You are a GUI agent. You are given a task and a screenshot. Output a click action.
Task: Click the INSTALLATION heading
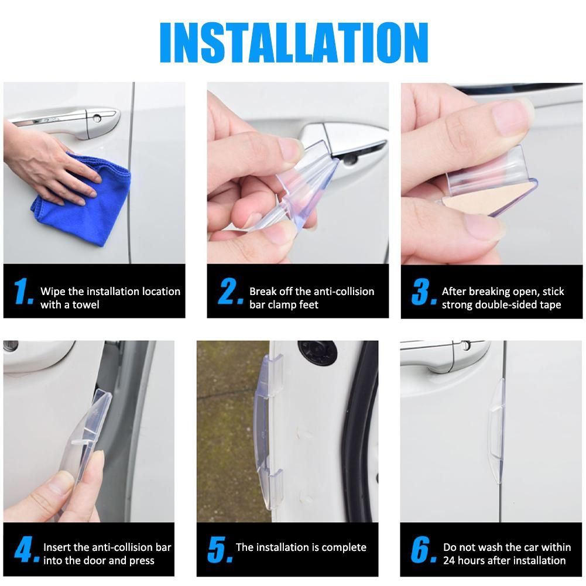(294, 42)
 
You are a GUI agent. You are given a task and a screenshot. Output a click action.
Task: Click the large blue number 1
(23, 291)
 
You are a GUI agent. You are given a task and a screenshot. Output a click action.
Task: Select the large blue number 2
(230, 291)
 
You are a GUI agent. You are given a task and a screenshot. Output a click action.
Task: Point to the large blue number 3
(424, 291)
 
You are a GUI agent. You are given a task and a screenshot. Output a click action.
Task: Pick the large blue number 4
(26, 549)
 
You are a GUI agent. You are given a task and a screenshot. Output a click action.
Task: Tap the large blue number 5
(220, 549)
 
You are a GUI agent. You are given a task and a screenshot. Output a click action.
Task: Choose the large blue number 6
(423, 549)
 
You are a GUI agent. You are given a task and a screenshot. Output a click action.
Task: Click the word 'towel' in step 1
(86, 304)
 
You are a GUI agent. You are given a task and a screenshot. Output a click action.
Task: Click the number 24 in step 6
(449, 561)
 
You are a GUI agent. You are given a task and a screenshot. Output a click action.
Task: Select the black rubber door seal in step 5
(361, 430)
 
